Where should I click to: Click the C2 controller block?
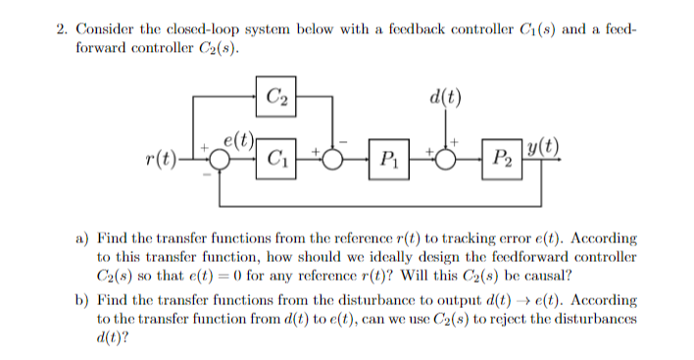pyautogui.click(x=275, y=95)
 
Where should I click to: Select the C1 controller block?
pyautogui.click(x=275, y=154)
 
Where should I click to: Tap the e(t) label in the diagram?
pyautogui.click(x=241, y=138)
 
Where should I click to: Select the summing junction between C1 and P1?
pyautogui.click(x=334, y=156)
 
